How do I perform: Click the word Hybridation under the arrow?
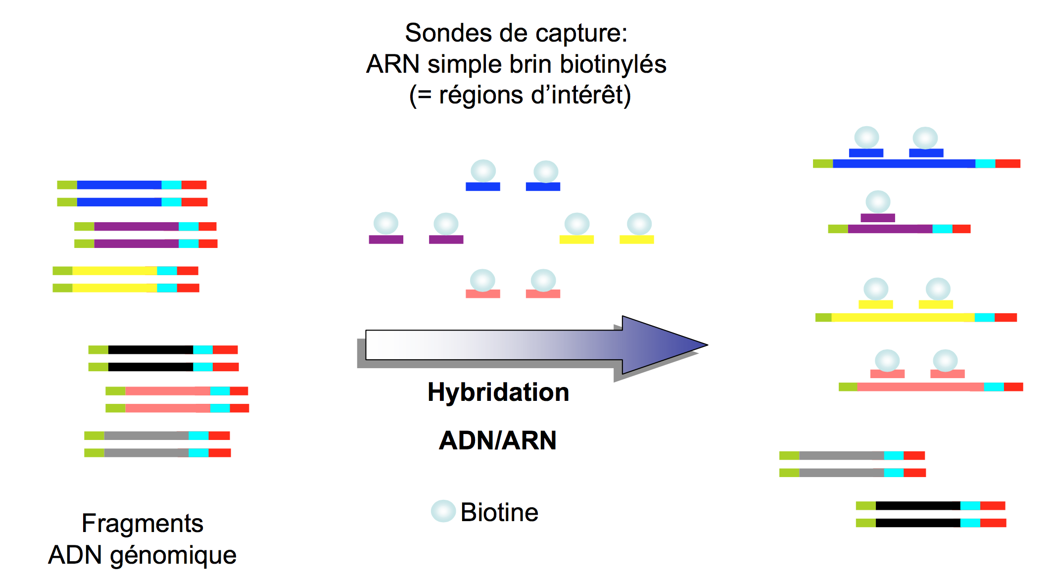click(x=498, y=392)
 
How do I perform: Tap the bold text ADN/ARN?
click(x=498, y=440)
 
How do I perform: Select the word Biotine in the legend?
click(x=499, y=512)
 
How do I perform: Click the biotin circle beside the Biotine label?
click(x=443, y=511)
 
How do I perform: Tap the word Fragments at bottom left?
click(x=143, y=523)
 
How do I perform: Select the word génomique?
click(x=173, y=555)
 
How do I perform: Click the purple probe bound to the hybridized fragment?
click(x=878, y=218)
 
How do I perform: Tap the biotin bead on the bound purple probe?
click(x=878, y=202)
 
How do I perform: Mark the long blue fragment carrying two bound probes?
click(x=904, y=164)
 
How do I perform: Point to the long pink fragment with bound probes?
click(x=920, y=387)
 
